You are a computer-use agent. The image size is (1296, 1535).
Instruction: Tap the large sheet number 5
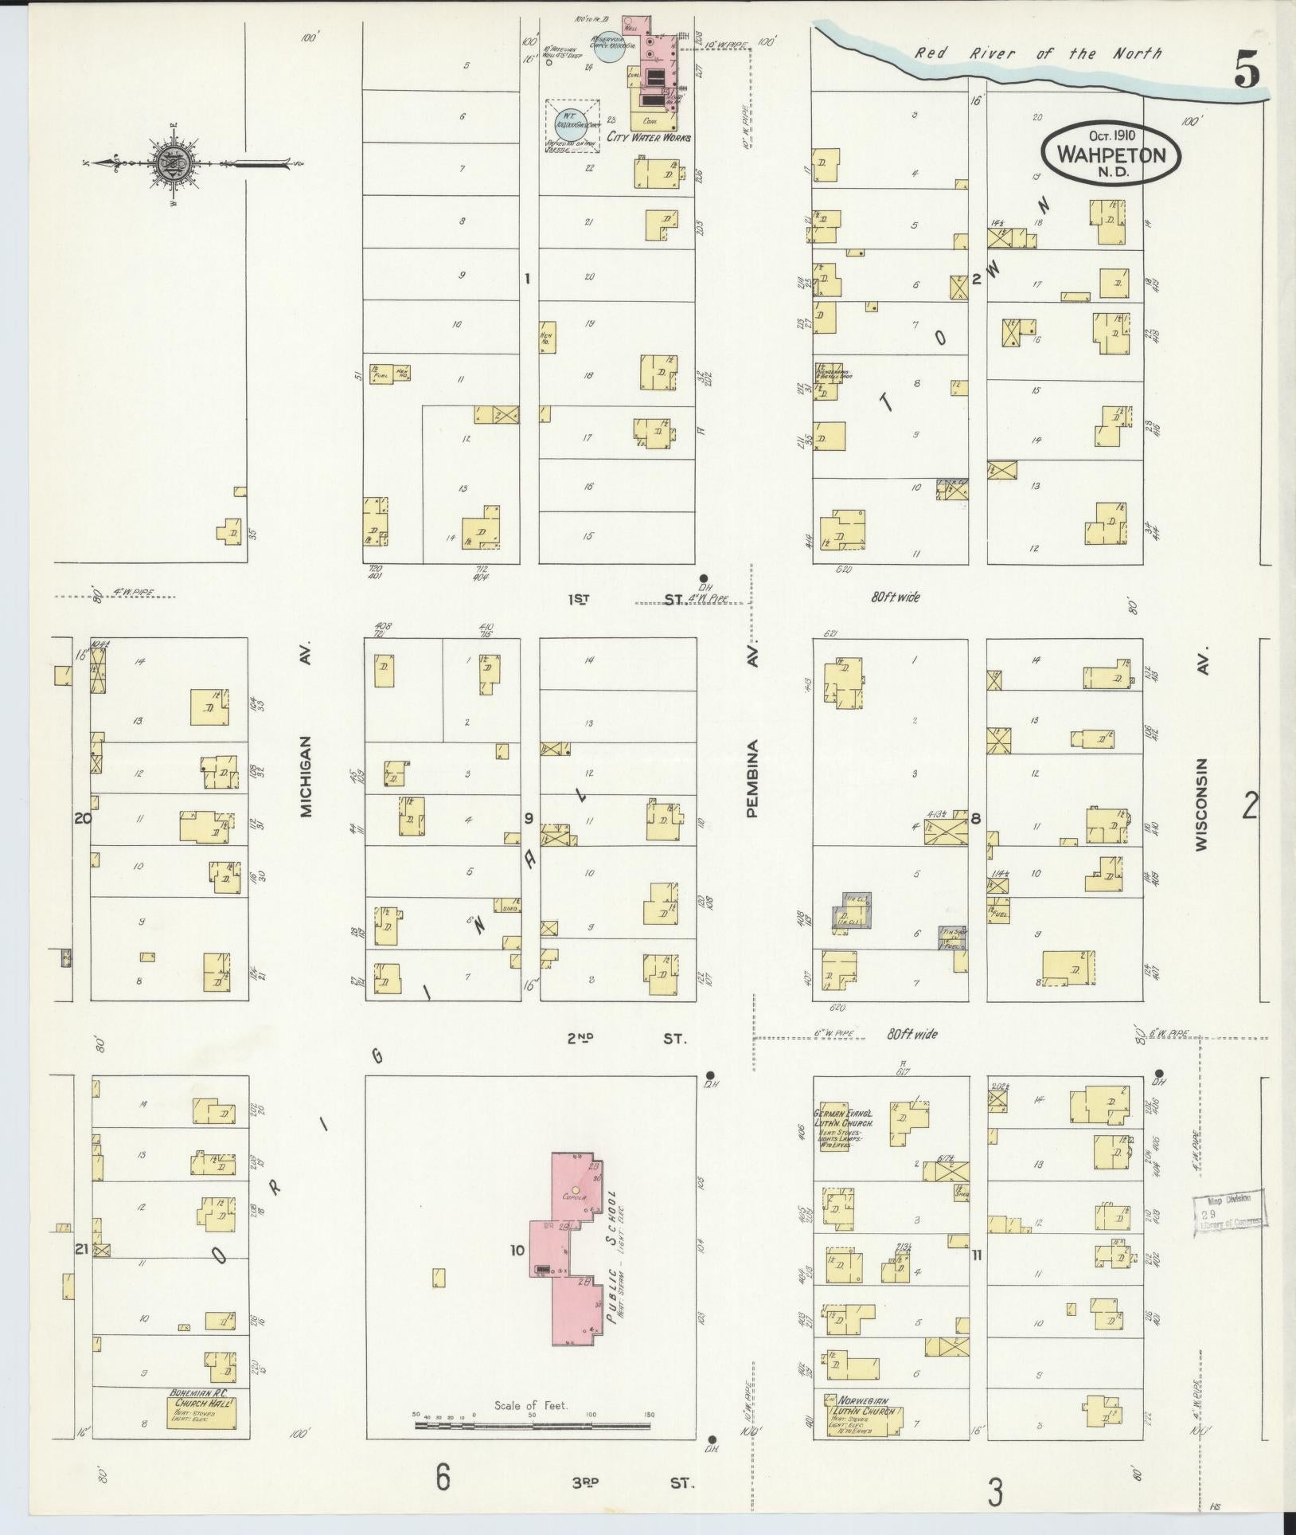1247,72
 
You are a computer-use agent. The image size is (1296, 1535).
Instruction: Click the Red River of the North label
1037,54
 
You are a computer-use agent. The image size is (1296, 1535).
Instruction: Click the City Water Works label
649,137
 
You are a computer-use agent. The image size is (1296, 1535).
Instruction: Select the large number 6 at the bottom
443,1476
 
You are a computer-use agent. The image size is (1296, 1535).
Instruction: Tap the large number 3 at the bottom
994,1490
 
